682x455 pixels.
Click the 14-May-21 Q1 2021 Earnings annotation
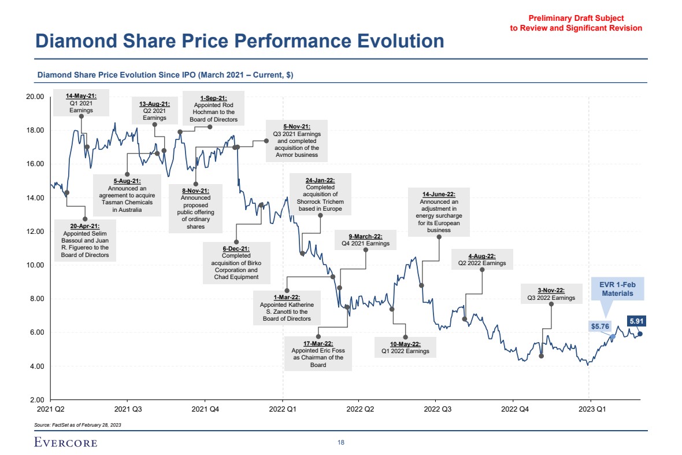81,102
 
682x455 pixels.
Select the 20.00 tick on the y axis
36,96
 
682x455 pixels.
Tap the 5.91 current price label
637,321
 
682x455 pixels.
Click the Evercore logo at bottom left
65,443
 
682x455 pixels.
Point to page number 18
341,443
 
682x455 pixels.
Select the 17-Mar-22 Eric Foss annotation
318,354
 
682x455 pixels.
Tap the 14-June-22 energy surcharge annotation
439,212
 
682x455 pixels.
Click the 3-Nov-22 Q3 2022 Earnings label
551,294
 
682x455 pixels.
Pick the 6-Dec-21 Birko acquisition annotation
236,263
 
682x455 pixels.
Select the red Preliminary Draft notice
576,23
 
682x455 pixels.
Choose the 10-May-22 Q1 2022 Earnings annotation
405,347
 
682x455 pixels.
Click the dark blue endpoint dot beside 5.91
640,333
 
